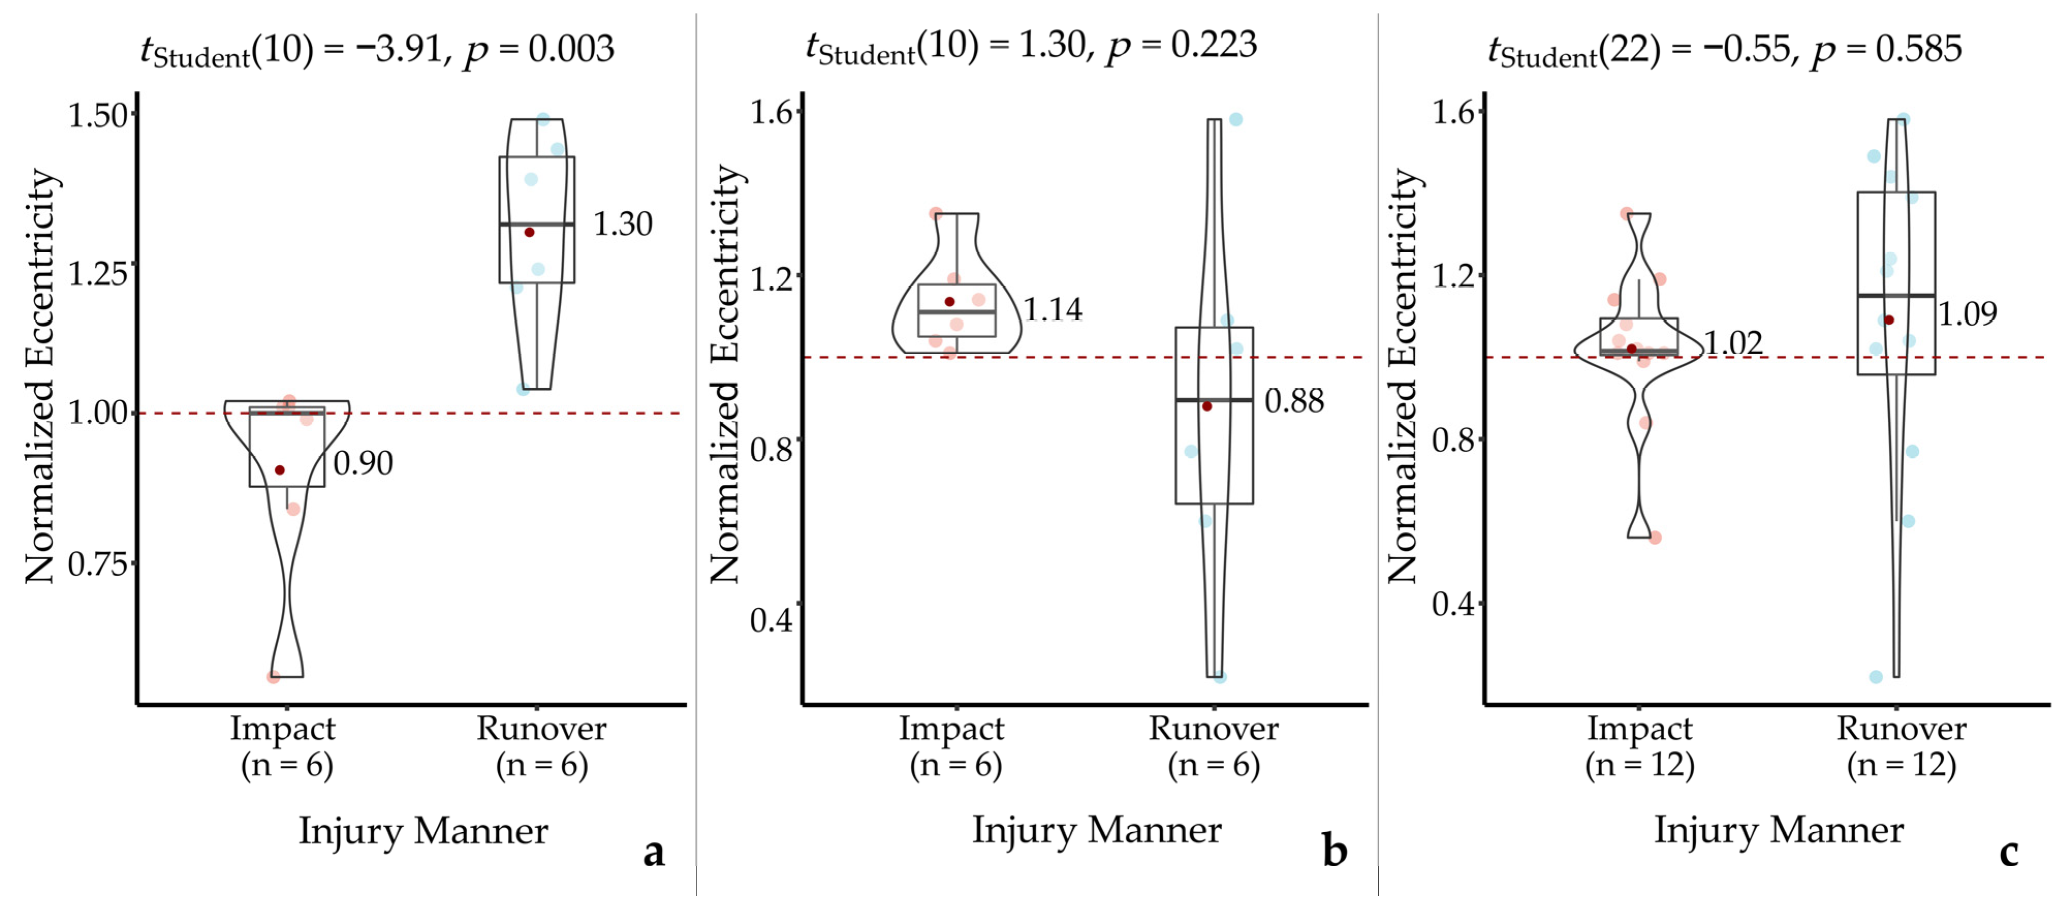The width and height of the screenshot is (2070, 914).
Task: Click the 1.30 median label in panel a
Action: click(x=622, y=224)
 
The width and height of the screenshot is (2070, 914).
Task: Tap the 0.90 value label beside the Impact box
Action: click(x=363, y=463)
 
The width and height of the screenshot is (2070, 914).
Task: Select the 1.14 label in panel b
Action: click(x=1053, y=309)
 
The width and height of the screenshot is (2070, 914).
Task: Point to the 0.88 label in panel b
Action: click(x=1294, y=400)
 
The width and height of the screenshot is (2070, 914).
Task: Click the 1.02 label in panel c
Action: click(x=1733, y=343)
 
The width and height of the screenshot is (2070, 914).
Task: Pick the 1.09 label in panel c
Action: click(x=1967, y=313)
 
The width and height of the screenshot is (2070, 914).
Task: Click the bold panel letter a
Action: click(x=654, y=852)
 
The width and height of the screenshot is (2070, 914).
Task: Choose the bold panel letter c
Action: click(x=2009, y=852)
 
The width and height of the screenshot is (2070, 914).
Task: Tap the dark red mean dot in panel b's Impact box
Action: click(x=949, y=302)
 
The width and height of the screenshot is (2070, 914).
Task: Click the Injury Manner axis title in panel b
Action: click(x=1096, y=830)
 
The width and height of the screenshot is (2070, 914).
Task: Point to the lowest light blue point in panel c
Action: click(x=1875, y=677)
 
